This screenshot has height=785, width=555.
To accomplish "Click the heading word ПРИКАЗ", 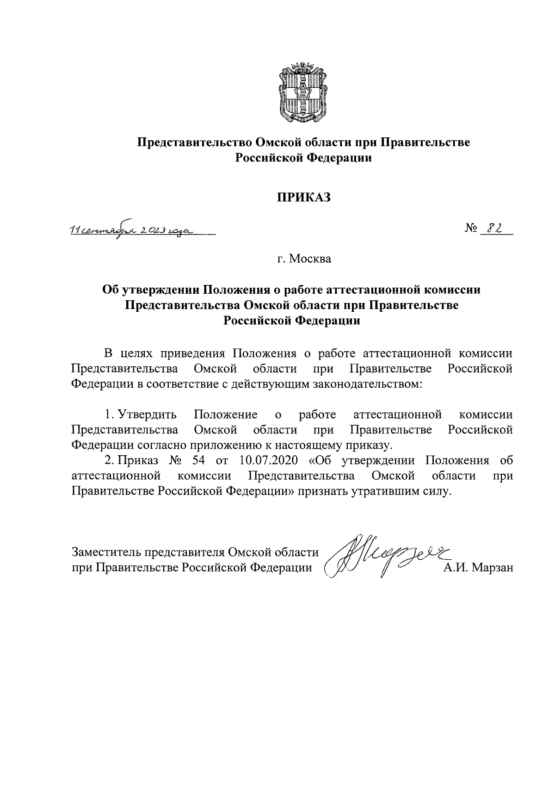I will [304, 198].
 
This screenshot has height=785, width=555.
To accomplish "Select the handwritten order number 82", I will [496, 229].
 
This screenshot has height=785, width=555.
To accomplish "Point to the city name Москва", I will [310, 259].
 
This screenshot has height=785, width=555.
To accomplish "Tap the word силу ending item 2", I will [434, 491].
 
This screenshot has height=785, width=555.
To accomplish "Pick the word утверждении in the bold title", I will [161, 290].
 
